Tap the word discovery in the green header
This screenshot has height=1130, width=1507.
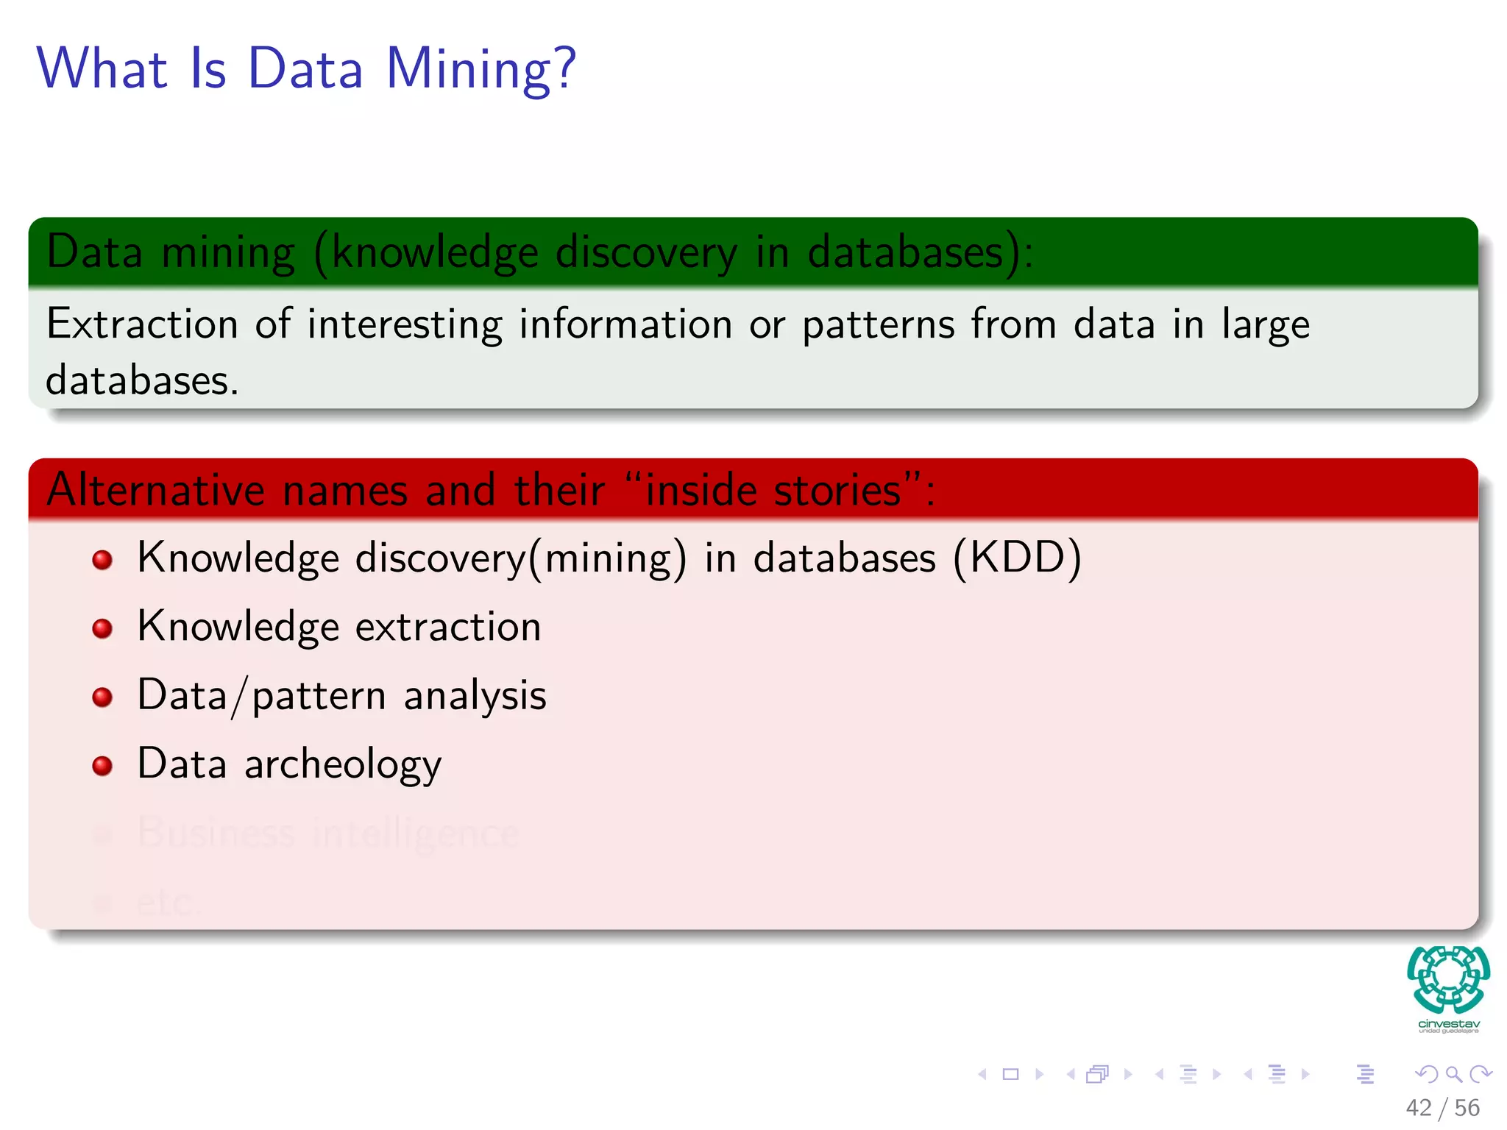pos(646,252)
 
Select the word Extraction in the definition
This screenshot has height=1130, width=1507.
pos(142,324)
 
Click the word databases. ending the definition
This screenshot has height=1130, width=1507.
pos(142,381)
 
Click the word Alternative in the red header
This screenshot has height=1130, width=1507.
pos(155,490)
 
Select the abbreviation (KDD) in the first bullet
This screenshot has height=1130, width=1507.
pos(1017,558)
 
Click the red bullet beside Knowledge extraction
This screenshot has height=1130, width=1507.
pos(102,628)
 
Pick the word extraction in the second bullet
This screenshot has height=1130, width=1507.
pos(448,628)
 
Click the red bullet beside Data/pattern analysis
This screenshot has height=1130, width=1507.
pos(102,697)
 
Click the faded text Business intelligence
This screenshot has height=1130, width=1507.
pos(328,833)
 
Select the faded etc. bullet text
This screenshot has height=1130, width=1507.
pos(168,902)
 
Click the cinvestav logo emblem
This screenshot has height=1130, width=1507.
pos(1448,980)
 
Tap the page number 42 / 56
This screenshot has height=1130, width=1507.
pos(1442,1108)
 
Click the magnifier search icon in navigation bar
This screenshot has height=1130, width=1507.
pos(1453,1074)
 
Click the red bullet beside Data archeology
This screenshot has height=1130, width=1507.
pos(102,766)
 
